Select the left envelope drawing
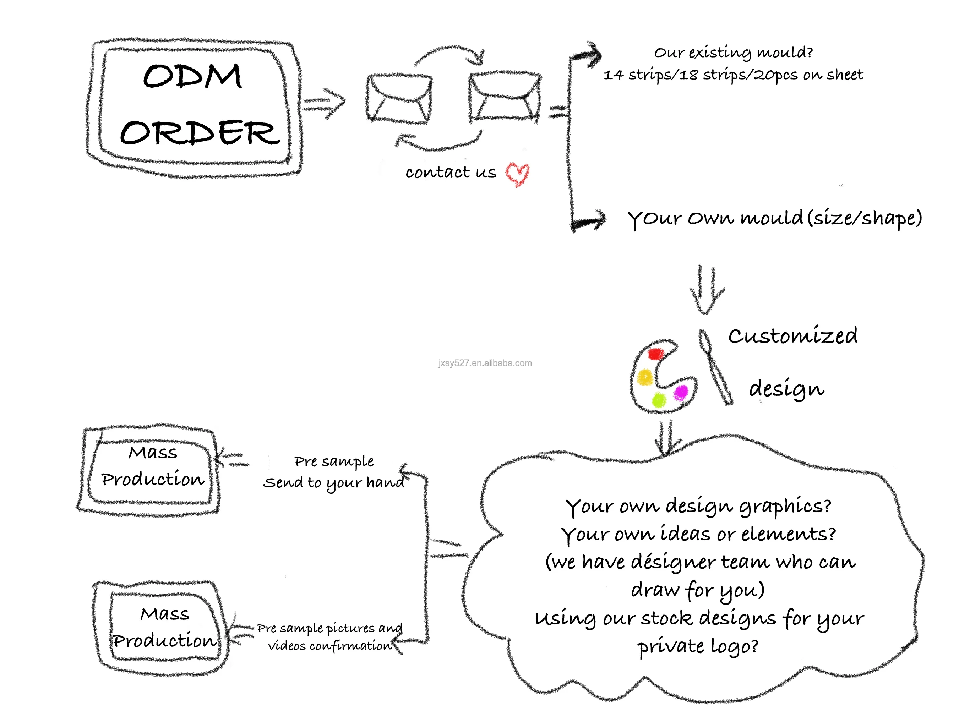pos(399,98)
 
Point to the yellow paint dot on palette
pos(645,377)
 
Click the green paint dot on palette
pos(659,399)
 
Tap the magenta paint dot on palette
pos(681,392)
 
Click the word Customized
pos(792,336)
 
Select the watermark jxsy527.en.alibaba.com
pos(485,363)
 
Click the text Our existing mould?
pos(733,53)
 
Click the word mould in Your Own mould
pos(772,218)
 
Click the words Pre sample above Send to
pos(334,461)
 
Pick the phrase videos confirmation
pos(330,646)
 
